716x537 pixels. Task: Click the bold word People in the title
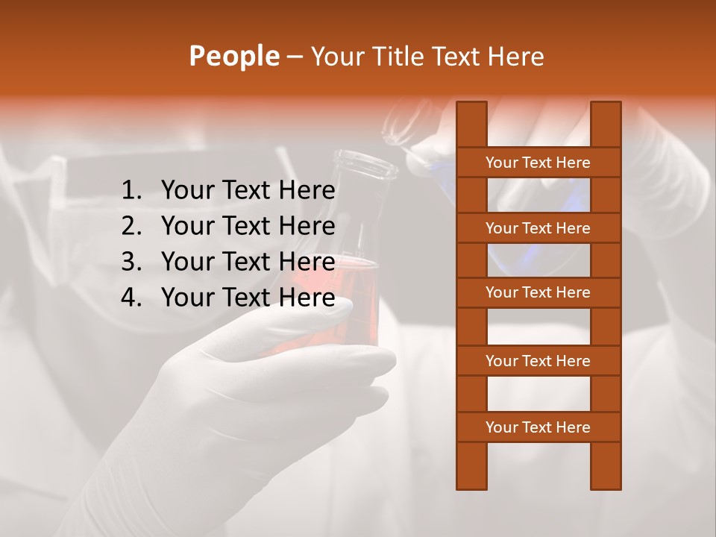pos(233,56)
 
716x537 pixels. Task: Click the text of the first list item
pos(248,191)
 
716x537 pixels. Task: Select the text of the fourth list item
pos(248,298)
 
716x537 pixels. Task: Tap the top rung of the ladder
pos(538,163)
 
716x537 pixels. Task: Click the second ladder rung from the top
pos(538,228)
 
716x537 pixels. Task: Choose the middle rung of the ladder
pos(538,293)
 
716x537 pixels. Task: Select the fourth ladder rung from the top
pos(538,361)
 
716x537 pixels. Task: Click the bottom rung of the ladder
pos(538,427)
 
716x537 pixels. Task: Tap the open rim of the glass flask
pos(365,160)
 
